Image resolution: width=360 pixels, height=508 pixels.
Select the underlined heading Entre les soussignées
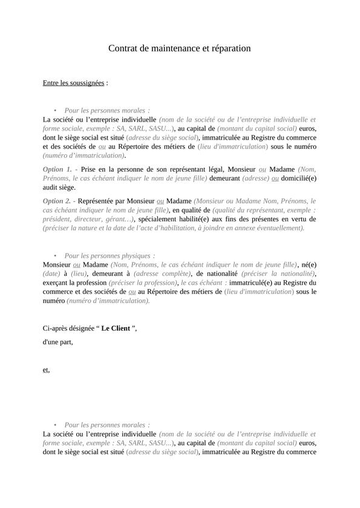pyautogui.click(x=73, y=82)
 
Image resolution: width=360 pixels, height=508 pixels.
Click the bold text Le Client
pyautogui.click(x=116, y=328)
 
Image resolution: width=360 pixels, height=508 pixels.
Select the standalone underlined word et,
pyautogui.click(x=47, y=370)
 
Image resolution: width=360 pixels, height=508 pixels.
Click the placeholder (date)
pyautogui.click(x=51, y=273)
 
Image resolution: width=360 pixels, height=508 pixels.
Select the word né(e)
pyautogui.click(x=309, y=264)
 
